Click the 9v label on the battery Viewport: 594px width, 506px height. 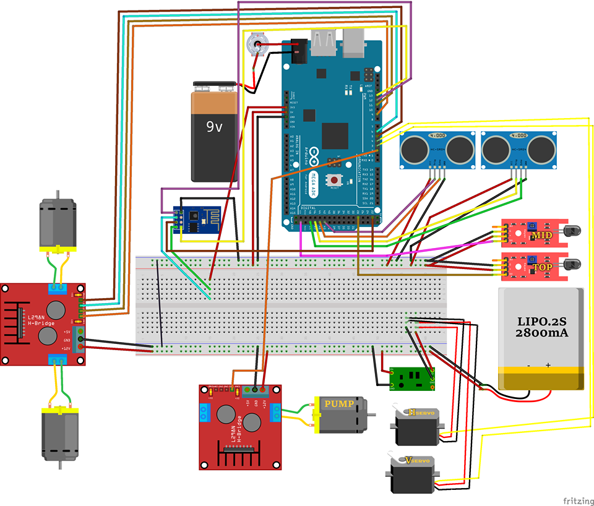[215, 127]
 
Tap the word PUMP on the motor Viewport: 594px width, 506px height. [339, 405]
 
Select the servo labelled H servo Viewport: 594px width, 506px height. [416, 427]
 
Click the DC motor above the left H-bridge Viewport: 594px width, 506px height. [57, 225]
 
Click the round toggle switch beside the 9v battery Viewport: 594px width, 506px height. [256, 45]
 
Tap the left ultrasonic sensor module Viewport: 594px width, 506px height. [437, 148]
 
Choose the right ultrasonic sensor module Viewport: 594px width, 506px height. [519, 148]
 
